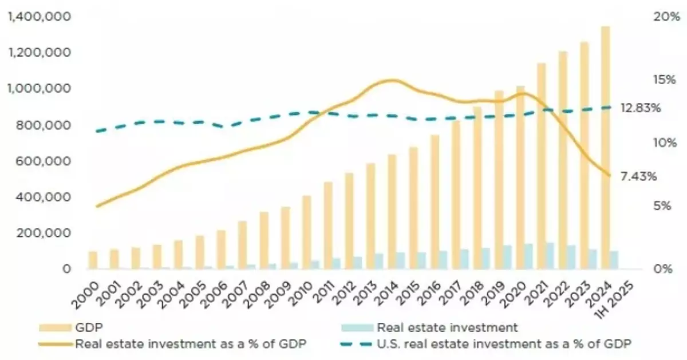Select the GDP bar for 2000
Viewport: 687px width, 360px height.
click(x=93, y=260)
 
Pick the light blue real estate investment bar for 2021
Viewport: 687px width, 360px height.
click(x=550, y=255)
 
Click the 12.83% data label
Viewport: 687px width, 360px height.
click(x=641, y=108)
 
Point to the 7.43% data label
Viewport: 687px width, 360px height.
click(x=638, y=176)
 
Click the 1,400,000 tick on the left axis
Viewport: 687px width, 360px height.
click(x=38, y=17)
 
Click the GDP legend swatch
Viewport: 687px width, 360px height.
click(x=55, y=328)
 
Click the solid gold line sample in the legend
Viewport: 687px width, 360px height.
click(x=55, y=343)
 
